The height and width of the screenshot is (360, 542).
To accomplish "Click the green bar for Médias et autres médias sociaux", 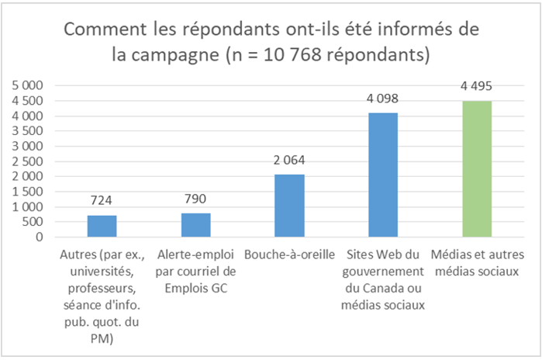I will coord(477,169).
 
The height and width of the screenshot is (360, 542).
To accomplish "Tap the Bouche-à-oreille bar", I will coord(289,206).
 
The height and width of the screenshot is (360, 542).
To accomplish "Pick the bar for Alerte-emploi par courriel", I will coord(195,225).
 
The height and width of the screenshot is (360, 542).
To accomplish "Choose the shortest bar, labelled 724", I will coord(102,226).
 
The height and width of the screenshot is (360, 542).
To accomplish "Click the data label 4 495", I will coord(477,86).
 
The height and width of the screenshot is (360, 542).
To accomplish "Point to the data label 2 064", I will coord(289,161).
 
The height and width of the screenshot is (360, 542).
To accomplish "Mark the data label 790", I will coord(195,199).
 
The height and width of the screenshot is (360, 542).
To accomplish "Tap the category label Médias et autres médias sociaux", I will coord(477,262).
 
